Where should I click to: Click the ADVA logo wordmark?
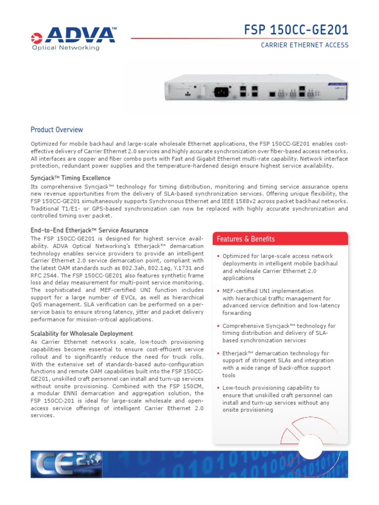79,36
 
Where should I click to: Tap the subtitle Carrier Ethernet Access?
304,45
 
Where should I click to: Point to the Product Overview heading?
57,130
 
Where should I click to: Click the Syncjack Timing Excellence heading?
71,178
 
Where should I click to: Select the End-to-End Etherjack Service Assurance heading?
89,230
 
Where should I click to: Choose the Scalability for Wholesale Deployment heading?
81,334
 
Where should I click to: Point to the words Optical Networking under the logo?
66,48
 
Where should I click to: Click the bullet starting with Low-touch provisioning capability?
277,399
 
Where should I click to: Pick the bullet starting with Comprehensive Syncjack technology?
279,333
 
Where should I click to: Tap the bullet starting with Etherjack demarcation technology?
277,364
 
